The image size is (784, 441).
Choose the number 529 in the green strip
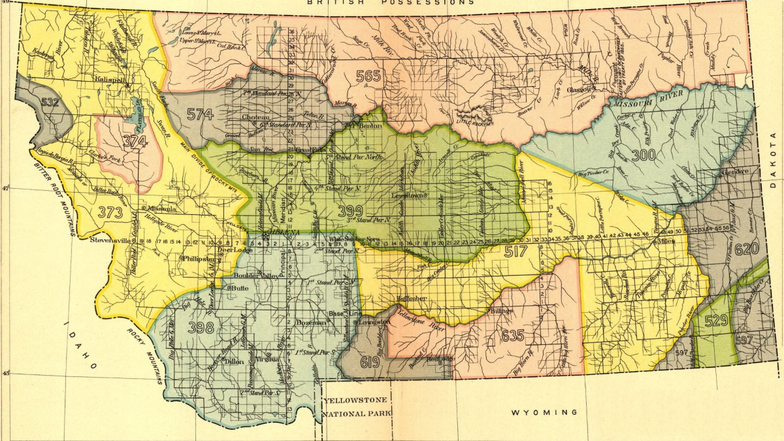tap(716, 320)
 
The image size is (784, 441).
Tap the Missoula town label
tap(162, 209)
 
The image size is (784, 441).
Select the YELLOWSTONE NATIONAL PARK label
tap(356, 406)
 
